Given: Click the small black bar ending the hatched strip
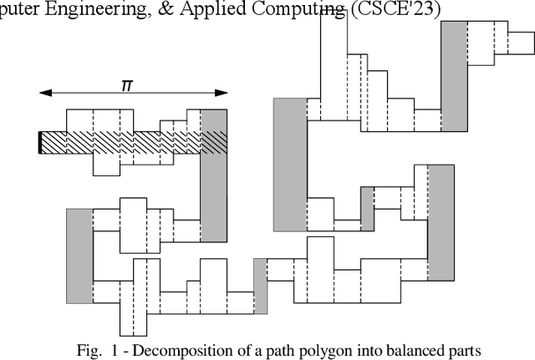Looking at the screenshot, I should pos(40,143).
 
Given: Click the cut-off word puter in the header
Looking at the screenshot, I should pos(21,10).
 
